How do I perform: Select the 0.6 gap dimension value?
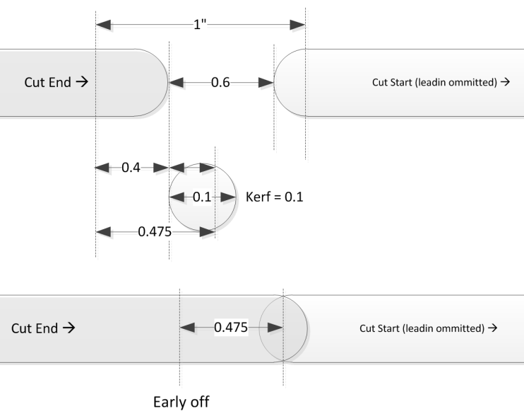(x=220, y=83)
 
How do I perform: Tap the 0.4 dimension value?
(x=131, y=168)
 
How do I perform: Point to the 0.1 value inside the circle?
(x=202, y=197)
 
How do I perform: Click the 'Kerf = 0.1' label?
(x=275, y=197)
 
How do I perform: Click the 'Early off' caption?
(x=181, y=402)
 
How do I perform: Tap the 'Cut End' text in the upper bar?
(x=56, y=82)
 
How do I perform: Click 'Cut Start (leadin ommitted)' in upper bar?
(x=440, y=82)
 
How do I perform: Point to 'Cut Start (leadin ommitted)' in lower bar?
(x=428, y=328)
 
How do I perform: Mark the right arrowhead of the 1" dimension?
(x=297, y=25)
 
